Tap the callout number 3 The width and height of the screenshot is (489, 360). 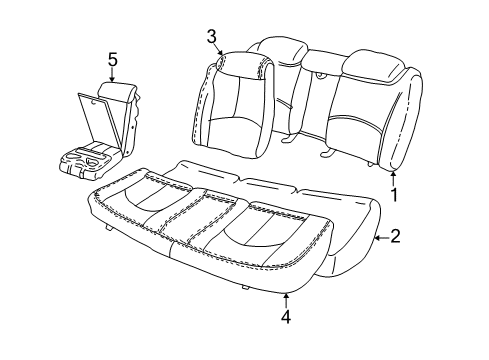(x=212, y=37)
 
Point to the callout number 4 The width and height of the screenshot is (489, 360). (x=287, y=317)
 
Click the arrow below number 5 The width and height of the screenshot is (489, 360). (x=113, y=76)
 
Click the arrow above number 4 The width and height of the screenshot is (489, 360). (x=287, y=297)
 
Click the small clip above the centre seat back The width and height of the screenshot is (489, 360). (x=321, y=73)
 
